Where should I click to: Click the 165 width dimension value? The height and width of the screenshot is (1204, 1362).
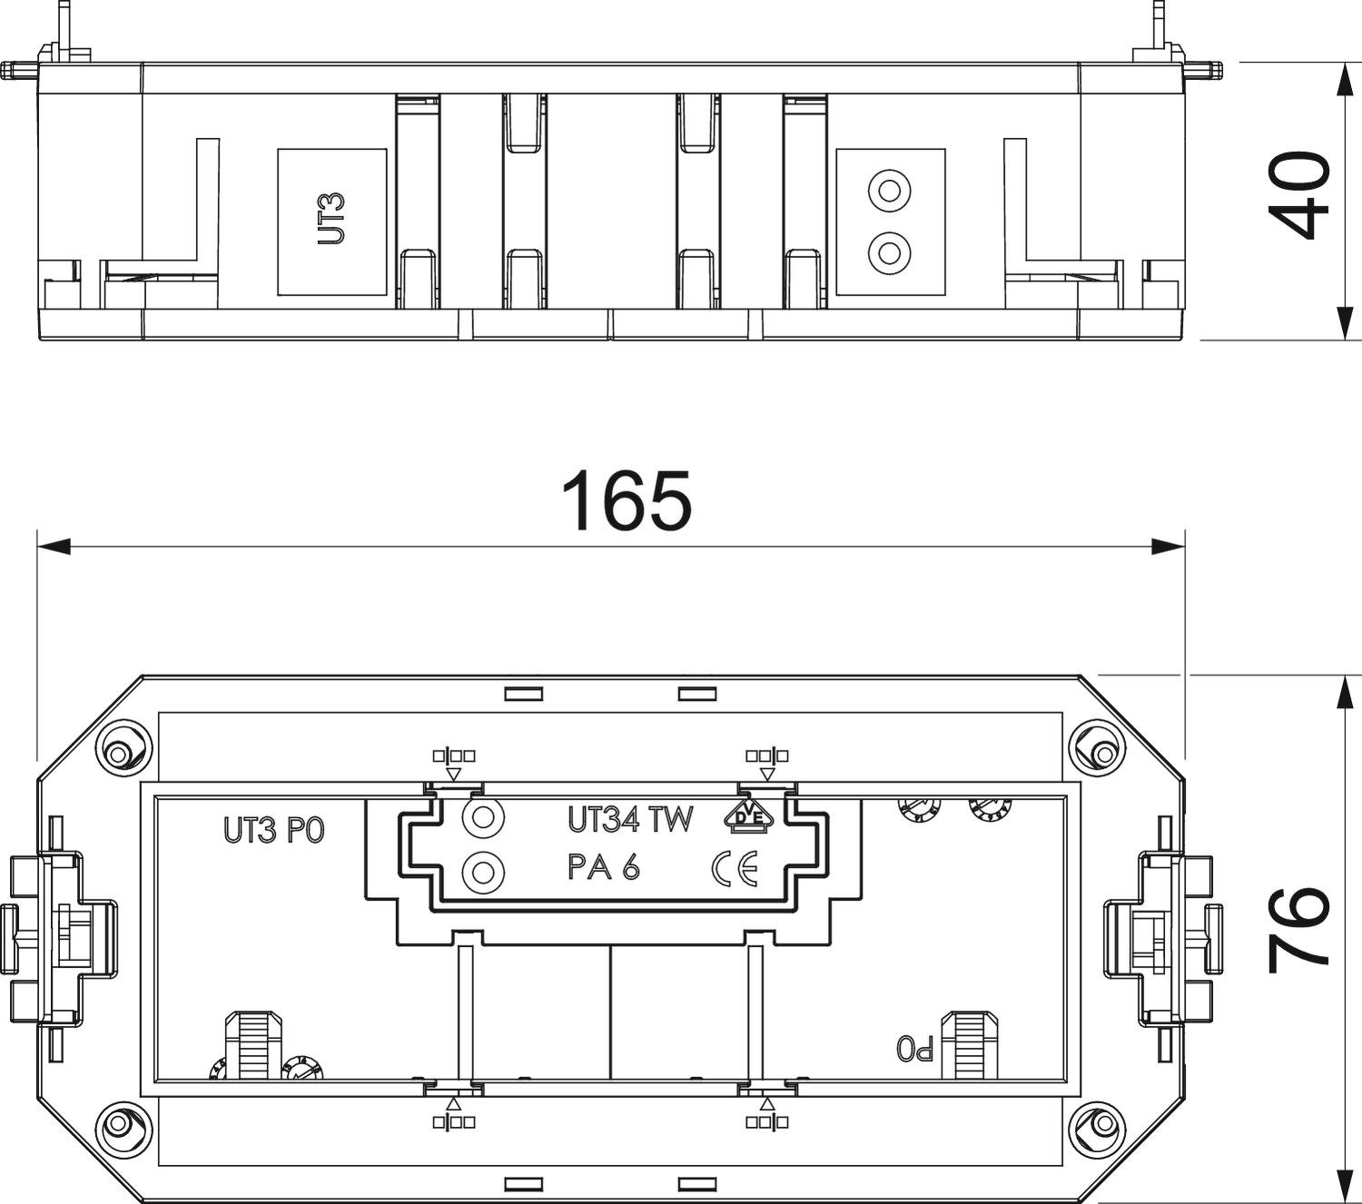pyautogui.click(x=626, y=500)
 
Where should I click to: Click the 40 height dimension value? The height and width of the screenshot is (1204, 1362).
pyautogui.click(x=1298, y=196)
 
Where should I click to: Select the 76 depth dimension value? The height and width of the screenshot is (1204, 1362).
pyautogui.click(x=1298, y=928)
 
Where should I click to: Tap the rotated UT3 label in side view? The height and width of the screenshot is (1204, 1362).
pyautogui.click(x=331, y=219)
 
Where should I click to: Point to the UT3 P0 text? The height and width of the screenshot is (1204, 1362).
pyautogui.click(x=274, y=830)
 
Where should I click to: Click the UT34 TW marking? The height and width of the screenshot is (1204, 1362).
pyautogui.click(x=630, y=819)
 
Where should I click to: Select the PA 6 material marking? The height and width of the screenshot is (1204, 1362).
pyautogui.click(x=604, y=867)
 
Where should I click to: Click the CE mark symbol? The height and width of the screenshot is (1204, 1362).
pyautogui.click(x=735, y=869)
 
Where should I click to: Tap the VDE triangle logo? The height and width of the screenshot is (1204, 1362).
pyautogui.click(x=749, y=816)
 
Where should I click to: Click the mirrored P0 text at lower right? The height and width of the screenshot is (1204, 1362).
pyautogui.click(x=914, y=1049)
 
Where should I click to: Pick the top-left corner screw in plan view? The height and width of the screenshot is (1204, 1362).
pyautogui.click(x=118, y=753)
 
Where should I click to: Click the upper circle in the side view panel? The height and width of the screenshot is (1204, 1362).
pyautogui.click(x=890, y=192)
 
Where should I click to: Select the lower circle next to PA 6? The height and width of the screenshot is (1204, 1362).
pyautogui.click(x=483, y=873)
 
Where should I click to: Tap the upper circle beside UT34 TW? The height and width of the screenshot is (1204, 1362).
pyautogui.click(x=483, y=817)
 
